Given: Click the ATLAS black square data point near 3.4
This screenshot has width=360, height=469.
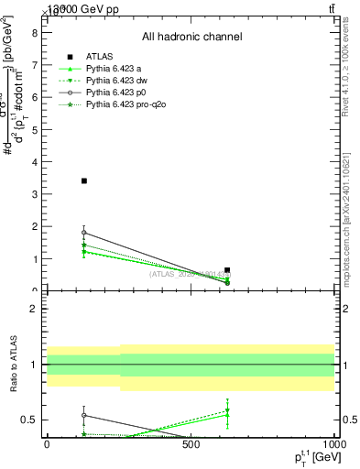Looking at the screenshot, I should (x=84, y=180).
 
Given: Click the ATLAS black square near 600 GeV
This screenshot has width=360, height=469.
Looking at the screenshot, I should (x=227, y=270).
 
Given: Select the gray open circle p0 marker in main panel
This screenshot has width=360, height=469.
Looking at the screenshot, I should (x=84, y=233).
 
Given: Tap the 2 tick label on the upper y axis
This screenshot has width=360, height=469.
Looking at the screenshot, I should (x=33, y=226).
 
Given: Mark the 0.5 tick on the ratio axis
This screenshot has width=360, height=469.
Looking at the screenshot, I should (x=28, y=420).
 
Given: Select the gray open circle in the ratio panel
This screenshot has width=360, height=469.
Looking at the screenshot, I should (x=84, y=415).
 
